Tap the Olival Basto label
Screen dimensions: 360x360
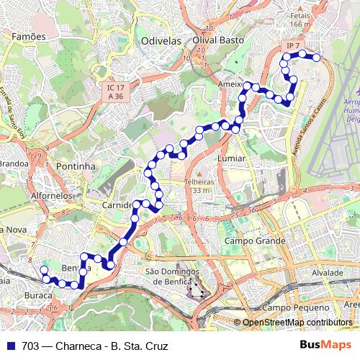[x=220, y=41]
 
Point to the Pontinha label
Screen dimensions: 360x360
[x=74, y=166]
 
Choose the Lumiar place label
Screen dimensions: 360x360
[x=230, y=158]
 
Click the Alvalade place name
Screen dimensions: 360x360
[x=327, y=274]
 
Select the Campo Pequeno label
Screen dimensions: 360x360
[x=291, y=307]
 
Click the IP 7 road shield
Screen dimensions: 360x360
[x=292, y=46]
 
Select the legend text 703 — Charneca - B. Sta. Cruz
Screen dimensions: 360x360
[x=95, y=346]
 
